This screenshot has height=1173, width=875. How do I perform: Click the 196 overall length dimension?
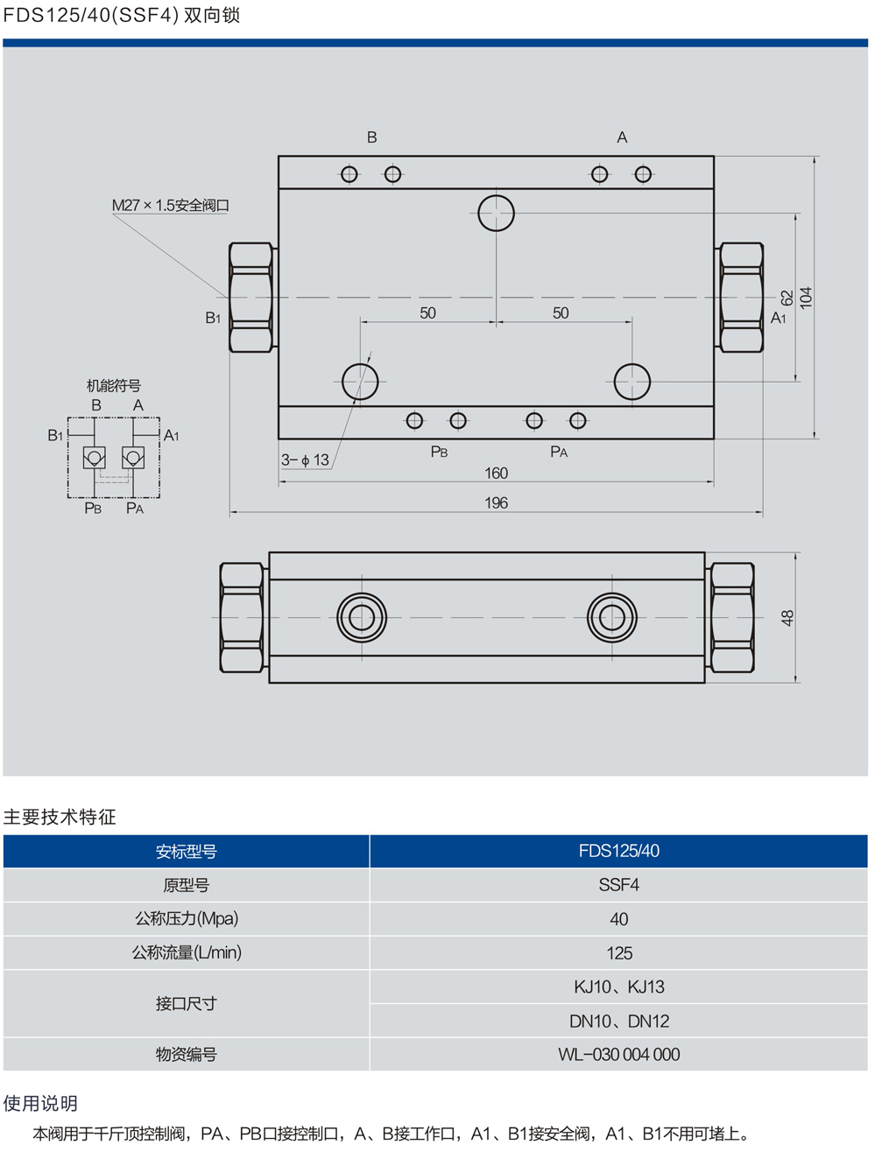(496, 503)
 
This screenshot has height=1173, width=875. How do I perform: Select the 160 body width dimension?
(496, 474)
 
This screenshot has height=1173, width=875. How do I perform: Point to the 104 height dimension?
(806, 297)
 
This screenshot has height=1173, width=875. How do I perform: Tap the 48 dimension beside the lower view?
(787, 617)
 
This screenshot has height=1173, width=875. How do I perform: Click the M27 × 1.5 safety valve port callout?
(171, 206)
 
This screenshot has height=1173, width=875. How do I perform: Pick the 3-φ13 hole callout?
(305, 460)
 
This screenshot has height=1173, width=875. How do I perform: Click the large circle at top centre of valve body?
(496, 213)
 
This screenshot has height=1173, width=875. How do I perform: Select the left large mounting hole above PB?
(360, 382)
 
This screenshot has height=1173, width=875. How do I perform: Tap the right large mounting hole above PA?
(632, 382)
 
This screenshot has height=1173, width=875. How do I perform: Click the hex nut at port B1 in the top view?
(251, 298)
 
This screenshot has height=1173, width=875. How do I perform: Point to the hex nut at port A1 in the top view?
(741, 298)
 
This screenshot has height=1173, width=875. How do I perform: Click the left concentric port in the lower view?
(362, 617)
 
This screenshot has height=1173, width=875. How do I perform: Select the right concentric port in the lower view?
(612, 617)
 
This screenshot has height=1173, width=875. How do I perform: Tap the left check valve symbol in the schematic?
(95, 457)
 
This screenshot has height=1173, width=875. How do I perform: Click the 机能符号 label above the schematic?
(114, 385)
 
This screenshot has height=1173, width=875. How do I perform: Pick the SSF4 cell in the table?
(618, 885)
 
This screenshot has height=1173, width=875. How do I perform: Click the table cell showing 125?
(618, 952)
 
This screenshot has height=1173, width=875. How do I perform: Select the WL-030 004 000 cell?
(618, 1055)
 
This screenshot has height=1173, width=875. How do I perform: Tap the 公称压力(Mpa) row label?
(187, 918)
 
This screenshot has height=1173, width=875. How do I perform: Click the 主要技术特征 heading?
(60, 817)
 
